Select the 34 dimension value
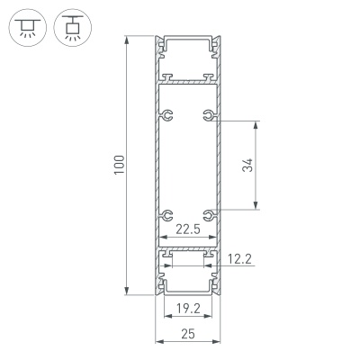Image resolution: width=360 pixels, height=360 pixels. (x=249, y=165)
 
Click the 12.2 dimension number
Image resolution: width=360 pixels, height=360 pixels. (x=239, y=261)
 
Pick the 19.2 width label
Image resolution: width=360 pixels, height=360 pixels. (x=187, y=309)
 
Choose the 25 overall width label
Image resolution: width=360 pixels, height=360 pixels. (x=188, y=333)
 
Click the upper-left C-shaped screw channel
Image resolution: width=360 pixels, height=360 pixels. (x=166, y=115)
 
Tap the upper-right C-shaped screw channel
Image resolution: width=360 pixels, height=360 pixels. (x=209, y=115)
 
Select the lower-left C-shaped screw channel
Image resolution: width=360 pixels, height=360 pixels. (x=166, y=215)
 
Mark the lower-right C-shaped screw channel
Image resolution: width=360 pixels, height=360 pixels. (x=209, y=215)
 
